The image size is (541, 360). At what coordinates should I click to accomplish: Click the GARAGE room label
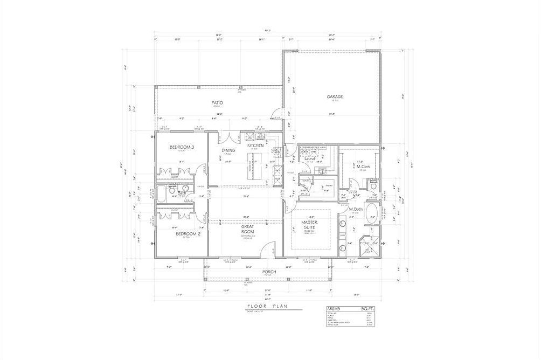tap(335, 97)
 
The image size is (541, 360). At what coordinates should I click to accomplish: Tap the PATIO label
tap(217, 102)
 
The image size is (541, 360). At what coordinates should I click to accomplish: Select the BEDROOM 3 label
tap(182, 147)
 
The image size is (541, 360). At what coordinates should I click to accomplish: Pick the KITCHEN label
tap(255, 146)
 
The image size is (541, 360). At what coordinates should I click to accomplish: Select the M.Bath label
tap(355, 209)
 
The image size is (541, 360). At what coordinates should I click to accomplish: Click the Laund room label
tap(309, 158)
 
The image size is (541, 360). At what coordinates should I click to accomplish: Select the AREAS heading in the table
tap(334, 309)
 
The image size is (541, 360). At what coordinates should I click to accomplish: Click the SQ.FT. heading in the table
tap(367, 309)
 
